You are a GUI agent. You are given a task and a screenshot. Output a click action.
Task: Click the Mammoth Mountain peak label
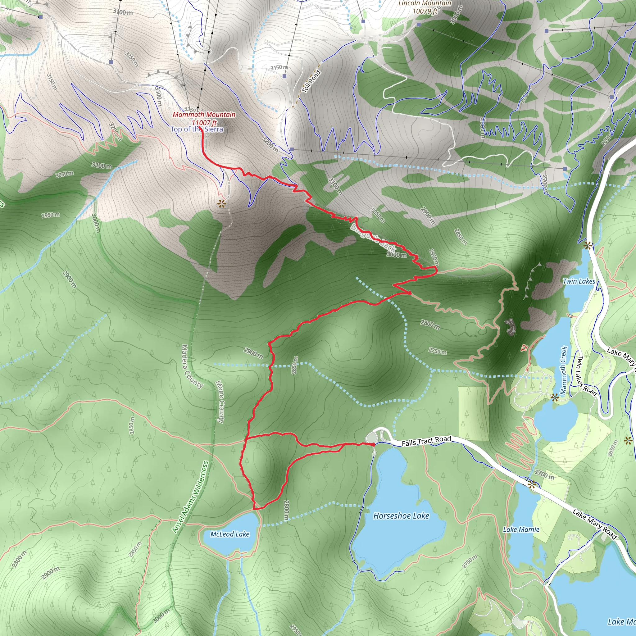[x=204, y=115]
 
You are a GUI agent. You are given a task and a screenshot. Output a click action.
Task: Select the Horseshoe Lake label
[x=401, y=516]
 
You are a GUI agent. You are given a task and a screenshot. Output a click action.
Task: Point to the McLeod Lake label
[x=230, y=534]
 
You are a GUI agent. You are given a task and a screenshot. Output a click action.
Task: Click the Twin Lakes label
[x=579, y=281]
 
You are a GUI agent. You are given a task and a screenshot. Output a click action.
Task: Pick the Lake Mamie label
[x=521, y=529]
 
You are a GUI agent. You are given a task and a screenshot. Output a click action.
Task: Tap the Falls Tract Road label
[x=426, y=441]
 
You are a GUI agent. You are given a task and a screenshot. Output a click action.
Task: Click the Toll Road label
[x=311, y=81]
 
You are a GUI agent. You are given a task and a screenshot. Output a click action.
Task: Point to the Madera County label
[x=192, y=366]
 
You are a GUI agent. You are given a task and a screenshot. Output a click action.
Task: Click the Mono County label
[x=220, y=402]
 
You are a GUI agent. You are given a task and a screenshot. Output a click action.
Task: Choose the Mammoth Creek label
[x=564, y=370]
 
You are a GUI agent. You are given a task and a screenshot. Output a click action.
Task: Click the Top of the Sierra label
[x=197, y=129]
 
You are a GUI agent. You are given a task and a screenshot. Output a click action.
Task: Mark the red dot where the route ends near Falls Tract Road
[x=373, y=444]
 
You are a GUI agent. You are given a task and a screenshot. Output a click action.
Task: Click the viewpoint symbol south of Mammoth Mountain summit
[x=222, y=204]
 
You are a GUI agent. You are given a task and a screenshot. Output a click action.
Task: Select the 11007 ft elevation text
[x=204, y=122]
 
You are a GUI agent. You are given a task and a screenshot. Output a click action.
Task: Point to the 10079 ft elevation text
[x=425, y=11]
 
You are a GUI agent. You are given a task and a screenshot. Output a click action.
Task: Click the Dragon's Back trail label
[x=373, y=237]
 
